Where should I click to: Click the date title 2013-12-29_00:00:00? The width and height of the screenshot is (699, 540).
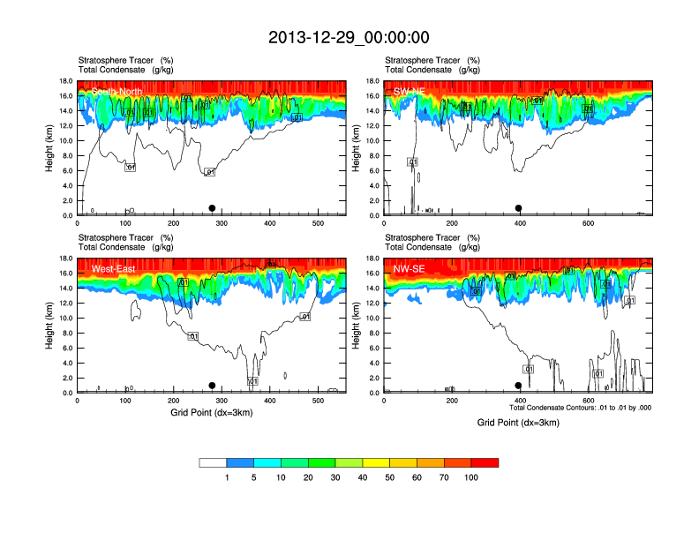tap(349, 37)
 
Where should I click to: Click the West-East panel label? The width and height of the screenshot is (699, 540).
tap(113, 268)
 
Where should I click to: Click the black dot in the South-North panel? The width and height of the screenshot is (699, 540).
tap(212, 208)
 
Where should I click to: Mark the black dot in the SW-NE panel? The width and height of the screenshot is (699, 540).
tap(519, 208)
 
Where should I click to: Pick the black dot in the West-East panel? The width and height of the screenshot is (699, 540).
tap(212, 386)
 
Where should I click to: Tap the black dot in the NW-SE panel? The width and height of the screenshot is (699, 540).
tap(518, 386)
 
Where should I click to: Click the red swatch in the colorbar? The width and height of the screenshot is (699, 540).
tap(485, 462)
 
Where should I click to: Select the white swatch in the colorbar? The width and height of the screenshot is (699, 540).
tap(213, 462)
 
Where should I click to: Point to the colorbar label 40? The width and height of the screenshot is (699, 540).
tap(363, 477)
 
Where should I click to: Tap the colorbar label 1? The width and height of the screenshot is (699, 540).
tap(227, 477)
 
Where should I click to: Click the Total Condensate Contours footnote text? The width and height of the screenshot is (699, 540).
tap(581, 408)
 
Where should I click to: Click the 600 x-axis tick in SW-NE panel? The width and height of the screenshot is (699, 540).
tap(588, 223)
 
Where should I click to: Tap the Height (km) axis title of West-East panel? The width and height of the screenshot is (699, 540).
tap(49, 325)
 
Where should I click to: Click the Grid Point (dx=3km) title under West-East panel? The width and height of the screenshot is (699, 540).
tap(212, 412)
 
